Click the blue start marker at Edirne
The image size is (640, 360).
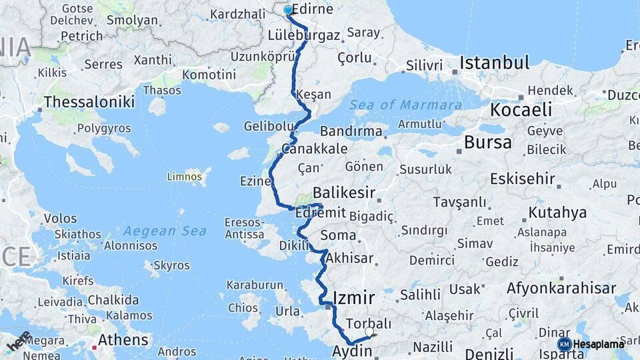(x=288, y=10)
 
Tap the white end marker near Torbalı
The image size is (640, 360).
(x=369, y=331)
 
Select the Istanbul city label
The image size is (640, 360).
(x=494, y=63)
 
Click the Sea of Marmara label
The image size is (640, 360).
(x=406, y=105)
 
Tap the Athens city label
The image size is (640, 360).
(x=123, y=340)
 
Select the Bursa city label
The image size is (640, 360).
(x=488, y=142)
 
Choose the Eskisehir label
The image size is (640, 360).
(x=523, y=179)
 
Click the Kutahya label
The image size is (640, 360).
(x=557, y=213)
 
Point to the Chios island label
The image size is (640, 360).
(x=243, y=308)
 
